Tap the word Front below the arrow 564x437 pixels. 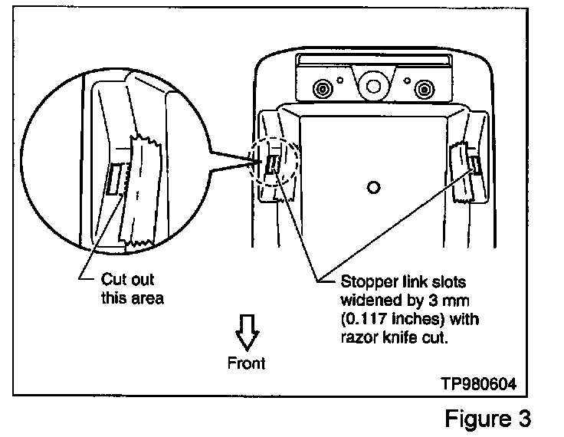[247, 362]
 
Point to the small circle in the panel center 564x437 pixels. [373, 187]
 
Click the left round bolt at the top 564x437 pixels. [322, 90]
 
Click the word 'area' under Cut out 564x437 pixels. [149, 297]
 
